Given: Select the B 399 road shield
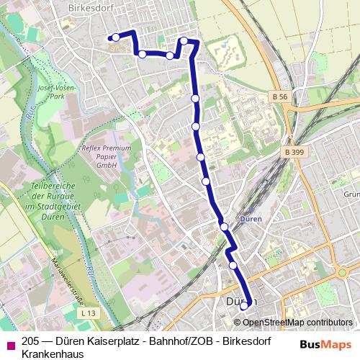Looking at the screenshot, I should pos(294,153).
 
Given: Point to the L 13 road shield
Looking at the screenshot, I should pos(88,313).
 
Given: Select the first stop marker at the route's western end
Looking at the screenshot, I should pos(115,37).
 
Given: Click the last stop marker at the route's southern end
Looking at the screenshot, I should pos(243,305).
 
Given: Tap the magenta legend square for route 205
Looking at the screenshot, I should pos(9,343).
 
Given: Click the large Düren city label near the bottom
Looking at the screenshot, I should pos(240,301).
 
